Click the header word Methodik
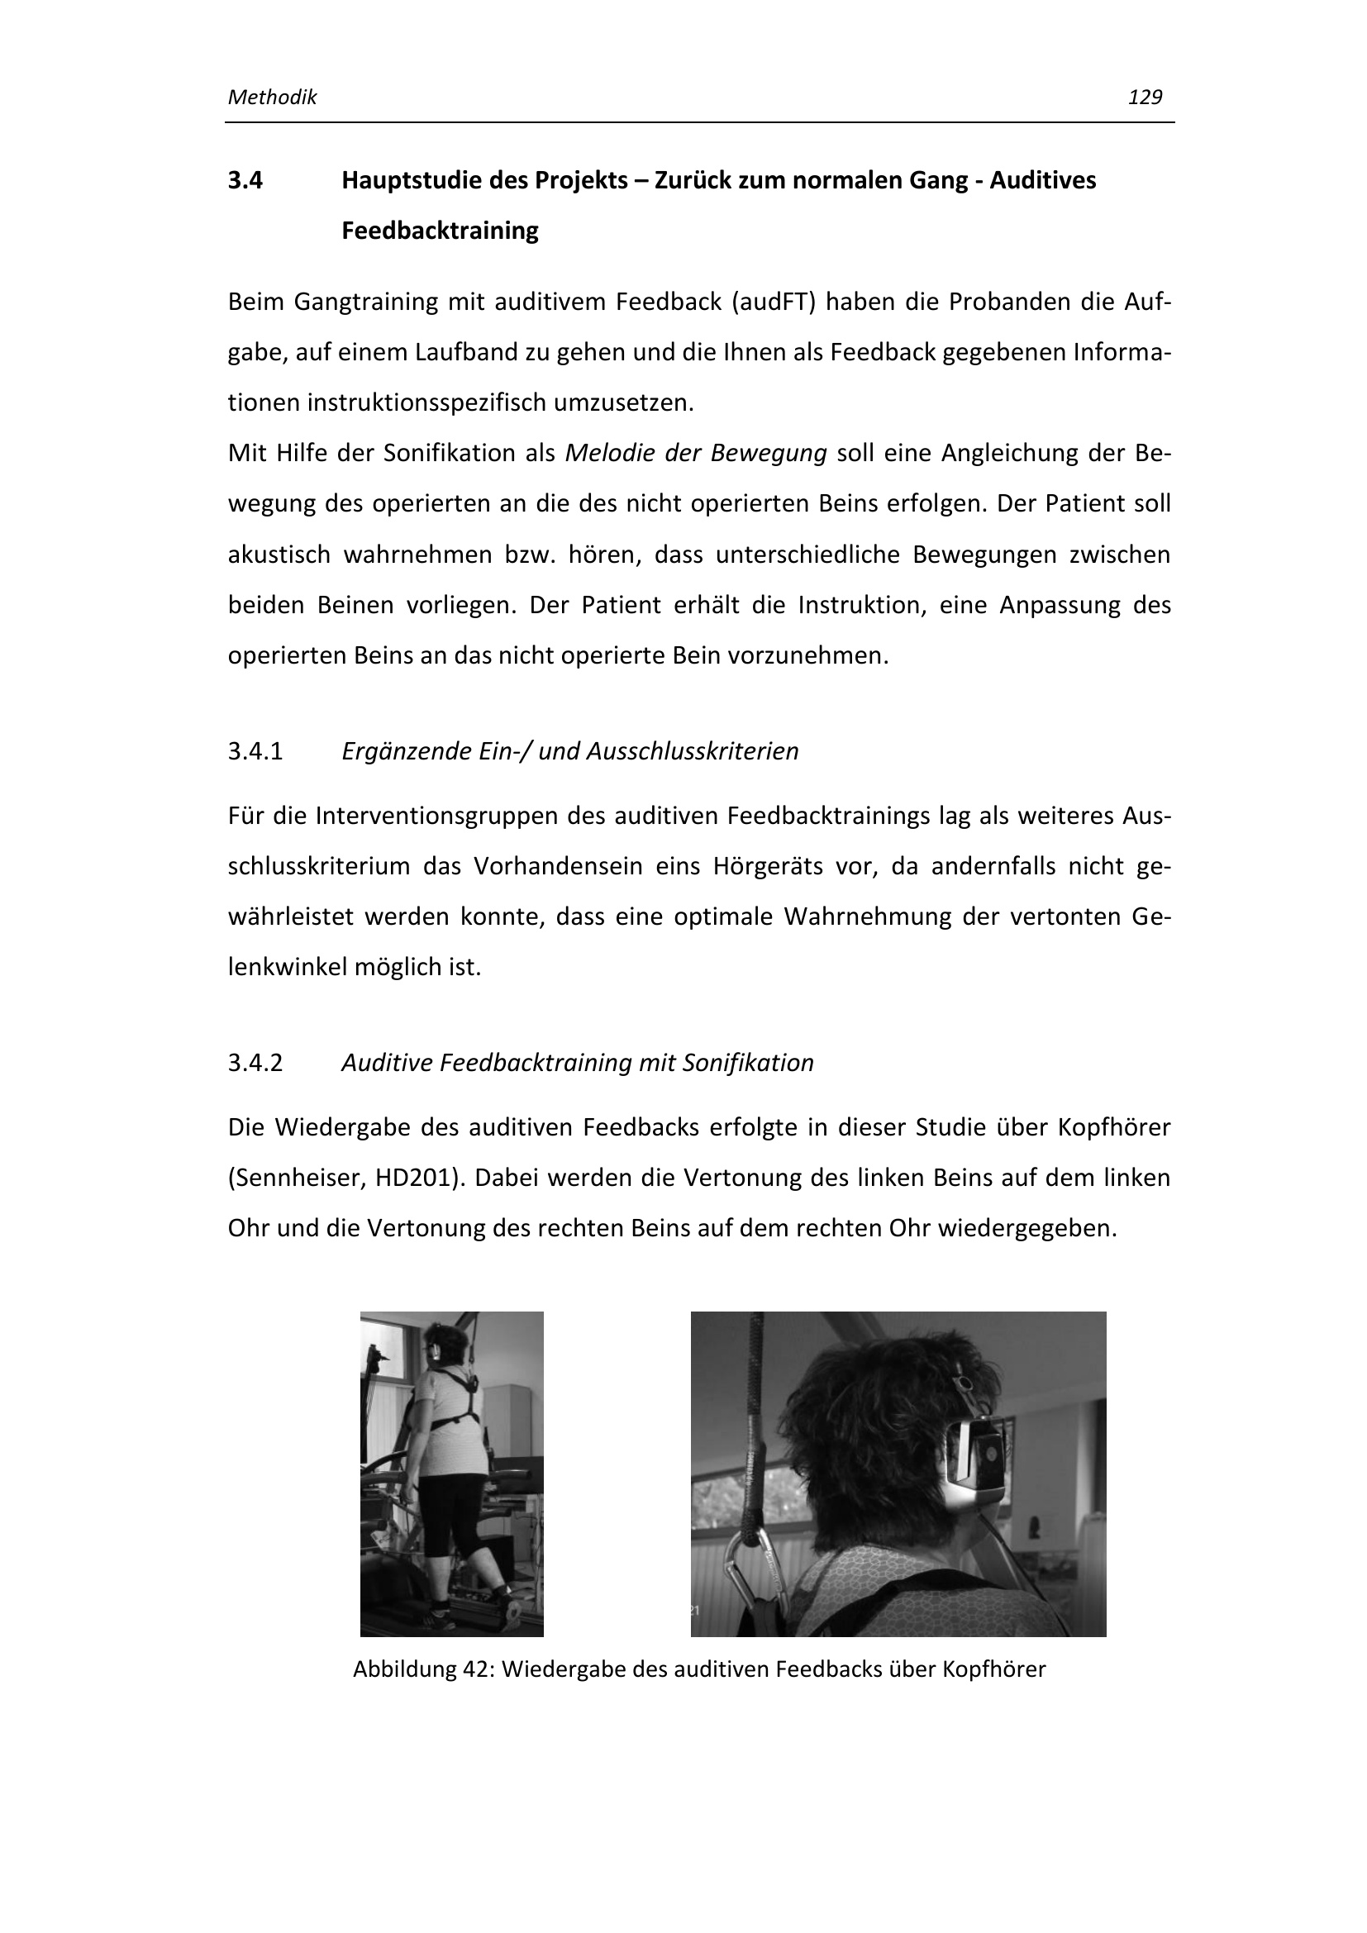[272, 98]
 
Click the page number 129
[1145, 98]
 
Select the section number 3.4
[245, 180]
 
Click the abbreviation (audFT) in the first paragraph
[773, 302]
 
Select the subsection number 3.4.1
[255, 751]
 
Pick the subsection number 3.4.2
[255, 1063]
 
